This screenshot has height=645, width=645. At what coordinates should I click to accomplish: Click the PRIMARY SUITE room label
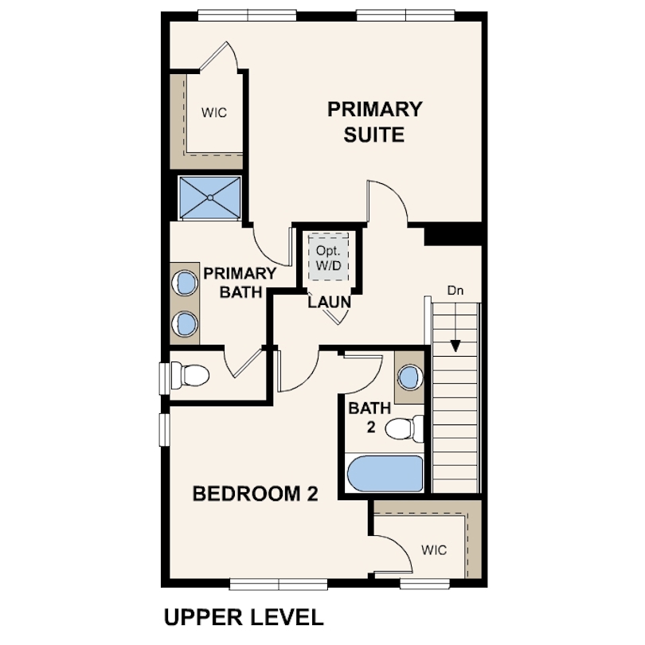pyautogui.click(x=375, y=122)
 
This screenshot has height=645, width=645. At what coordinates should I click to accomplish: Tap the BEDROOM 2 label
pyautogui.click(x=255, y=494)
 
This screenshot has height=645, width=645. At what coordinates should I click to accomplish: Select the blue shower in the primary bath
pyautogui.click(x=210, y=197)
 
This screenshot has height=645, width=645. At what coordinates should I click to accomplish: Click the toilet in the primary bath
pyautogui.click(x=190, y=375)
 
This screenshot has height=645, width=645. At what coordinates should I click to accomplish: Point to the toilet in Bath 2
pyautogui.click(x=405, y=428)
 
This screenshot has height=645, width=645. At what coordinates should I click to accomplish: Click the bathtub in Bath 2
pyautogui.click(x=385, y=474)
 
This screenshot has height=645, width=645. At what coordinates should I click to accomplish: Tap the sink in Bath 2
pyautogui.click(x=410, y=377)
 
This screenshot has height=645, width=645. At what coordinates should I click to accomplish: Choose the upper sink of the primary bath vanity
pyautogui.click(x=185, y=283)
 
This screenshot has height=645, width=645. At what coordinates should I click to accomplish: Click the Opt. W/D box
pyautogui.click(x=328, y=257)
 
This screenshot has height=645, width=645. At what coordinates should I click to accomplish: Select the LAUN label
pyautogui.click(x=329, y=303)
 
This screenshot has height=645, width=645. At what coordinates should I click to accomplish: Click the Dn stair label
pyautogui.click(x=455, y=291)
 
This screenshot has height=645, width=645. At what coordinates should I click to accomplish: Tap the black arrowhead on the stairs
pyautogui.click(x=455, y=346)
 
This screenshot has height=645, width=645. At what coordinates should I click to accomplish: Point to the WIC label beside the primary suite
pyautogui.click(x=214, y=113)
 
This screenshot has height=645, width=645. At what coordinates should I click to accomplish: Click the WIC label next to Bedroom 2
pyautogui.click(x=434, y=550)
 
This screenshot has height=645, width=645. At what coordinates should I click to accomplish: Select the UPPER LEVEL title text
pyautogui.click(x=244, y=617)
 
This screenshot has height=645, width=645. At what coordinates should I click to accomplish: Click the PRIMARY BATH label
pyautogui.click(x=240, y=283)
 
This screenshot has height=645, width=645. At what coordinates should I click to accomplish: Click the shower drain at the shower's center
pyautogui.click(x=210, y=197)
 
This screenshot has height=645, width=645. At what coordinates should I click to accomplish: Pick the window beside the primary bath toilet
pyautogui.click(x=165, y=378)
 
